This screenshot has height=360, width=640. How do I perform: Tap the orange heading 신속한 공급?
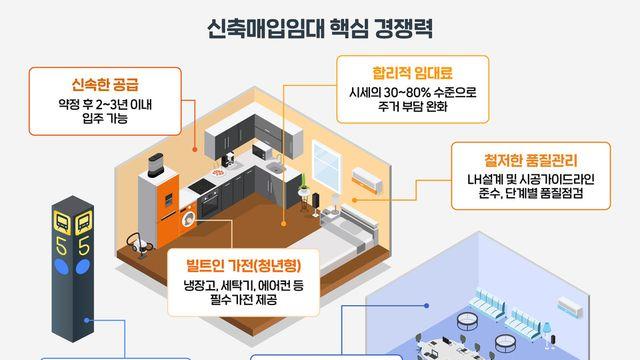pos(105,82)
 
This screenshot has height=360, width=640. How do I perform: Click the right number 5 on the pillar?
pos(84,244)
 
